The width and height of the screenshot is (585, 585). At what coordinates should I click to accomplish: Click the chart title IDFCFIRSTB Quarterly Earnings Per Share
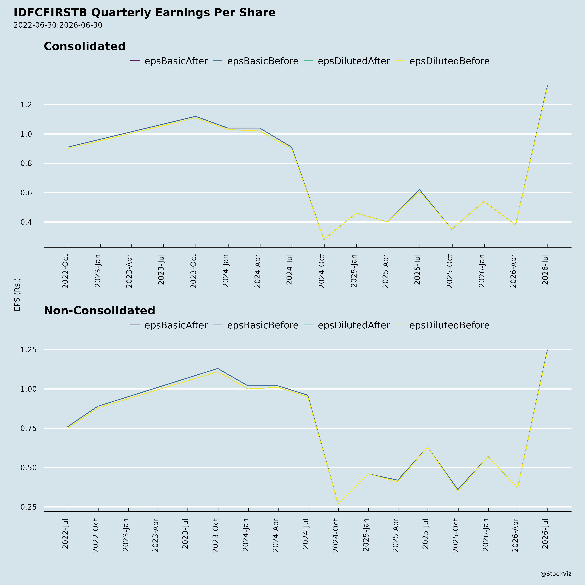click(x=144, y=13)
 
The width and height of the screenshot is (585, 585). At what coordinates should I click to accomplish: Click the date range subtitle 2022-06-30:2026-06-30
click(x=58, y=25)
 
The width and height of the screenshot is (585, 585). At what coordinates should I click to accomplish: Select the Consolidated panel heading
click(x=85, y=46)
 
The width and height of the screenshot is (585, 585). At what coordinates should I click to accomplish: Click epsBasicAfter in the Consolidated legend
click(x=176, y=61)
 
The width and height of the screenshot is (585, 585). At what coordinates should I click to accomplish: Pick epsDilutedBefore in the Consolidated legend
click(x=449, y=61)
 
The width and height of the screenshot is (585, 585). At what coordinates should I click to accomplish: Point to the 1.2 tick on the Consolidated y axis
click(x=26, y=105)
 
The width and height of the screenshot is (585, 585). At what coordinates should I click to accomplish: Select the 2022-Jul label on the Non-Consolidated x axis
click(x=65, y=533)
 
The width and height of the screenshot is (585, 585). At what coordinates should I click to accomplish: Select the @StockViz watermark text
click(x=556, y=574)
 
